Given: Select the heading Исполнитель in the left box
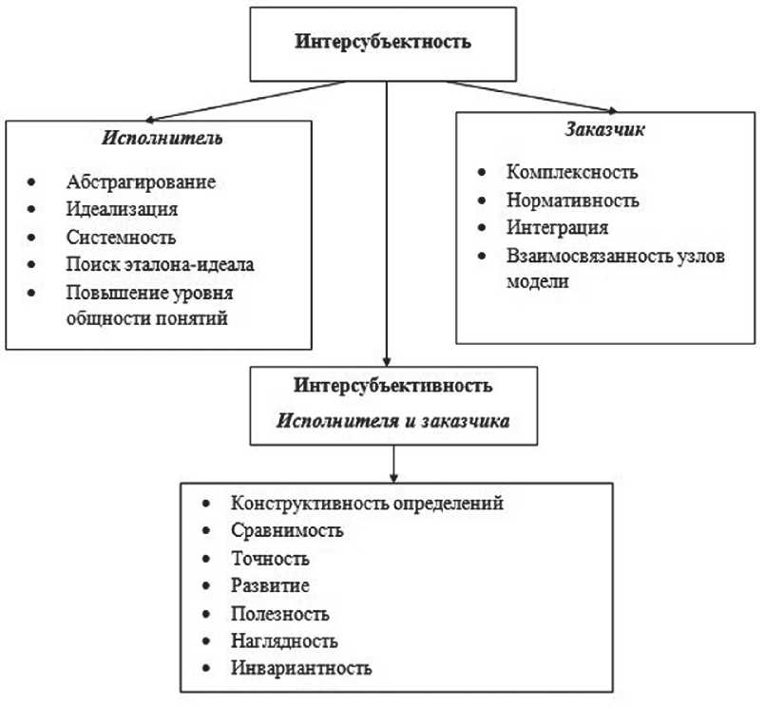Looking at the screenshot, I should (x=162, y=138).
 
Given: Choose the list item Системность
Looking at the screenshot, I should (x=122, y=238).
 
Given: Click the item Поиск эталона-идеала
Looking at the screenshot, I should (x=160, y=265).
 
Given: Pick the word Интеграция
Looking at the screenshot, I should (x=557, y=228).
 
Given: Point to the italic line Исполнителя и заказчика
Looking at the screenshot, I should (x=392, y=419).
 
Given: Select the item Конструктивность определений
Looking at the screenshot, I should (x=366, y=502).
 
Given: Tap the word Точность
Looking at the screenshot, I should (x=270, y=558).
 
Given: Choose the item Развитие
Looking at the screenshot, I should (x=269, y=585).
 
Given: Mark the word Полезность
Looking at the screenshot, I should (x=279, y=613).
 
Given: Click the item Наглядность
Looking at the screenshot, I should (x=283, y=640).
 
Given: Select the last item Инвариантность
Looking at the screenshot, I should (x=299, y=668).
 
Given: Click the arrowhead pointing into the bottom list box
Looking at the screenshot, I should (x=392, y=474).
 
